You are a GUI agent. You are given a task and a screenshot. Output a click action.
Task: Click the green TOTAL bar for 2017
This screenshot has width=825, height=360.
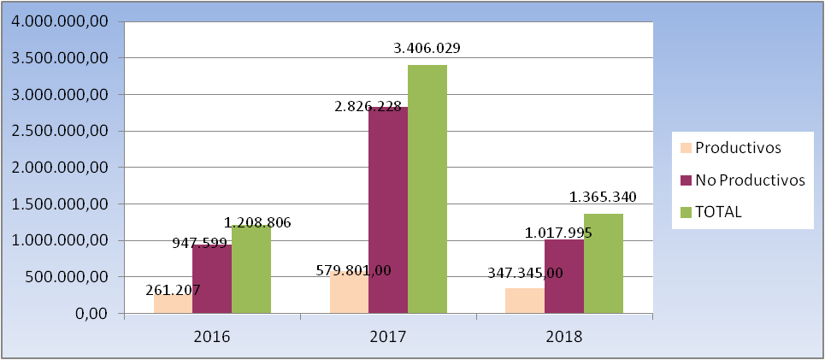coord(427,188)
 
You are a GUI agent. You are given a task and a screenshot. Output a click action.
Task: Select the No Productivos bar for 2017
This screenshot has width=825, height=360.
coord(387,214)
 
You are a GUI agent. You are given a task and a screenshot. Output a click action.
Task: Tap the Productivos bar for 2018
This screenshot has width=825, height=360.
coord(524,301)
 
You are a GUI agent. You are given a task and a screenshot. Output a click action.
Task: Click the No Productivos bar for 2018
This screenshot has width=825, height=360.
coord(563,278)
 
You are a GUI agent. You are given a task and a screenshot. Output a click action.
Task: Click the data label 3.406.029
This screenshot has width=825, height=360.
coord(427,48)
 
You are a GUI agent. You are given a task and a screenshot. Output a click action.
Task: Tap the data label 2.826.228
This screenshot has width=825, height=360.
coord(368,106)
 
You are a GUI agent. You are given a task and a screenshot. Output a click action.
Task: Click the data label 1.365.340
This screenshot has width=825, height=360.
coord(603,198)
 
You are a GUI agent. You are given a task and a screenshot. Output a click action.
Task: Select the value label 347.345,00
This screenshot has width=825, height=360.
coord(524,273)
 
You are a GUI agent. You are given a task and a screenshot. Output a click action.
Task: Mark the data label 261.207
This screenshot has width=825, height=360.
coord(171,290)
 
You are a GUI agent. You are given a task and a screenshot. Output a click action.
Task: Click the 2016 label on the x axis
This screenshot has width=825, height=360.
coord(212,336)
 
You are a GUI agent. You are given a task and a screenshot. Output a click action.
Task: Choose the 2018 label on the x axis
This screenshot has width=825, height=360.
coord(563,336)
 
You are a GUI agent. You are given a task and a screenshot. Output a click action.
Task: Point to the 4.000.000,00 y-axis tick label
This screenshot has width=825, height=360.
coord(56,21)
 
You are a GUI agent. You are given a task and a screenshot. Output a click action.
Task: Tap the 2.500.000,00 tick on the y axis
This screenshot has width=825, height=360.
coord(56,131)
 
